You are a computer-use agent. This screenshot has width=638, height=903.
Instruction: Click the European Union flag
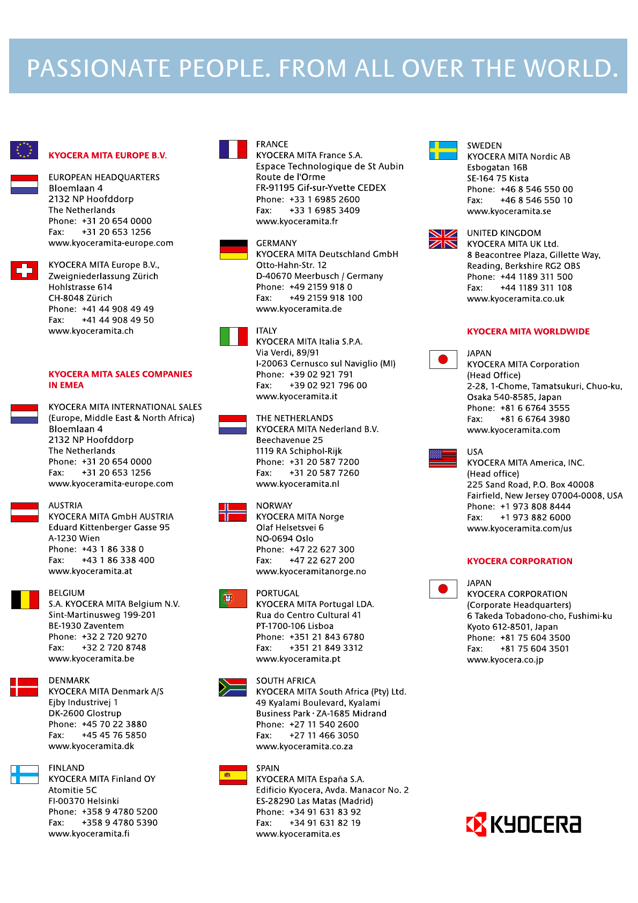24,150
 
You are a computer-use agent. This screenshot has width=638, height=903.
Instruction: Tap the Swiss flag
24,270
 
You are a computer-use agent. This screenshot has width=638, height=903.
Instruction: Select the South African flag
233,687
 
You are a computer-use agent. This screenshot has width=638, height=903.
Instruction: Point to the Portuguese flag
233,599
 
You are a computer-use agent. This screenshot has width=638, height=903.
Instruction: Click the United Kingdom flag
443,239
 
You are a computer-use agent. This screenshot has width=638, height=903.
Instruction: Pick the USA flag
443,458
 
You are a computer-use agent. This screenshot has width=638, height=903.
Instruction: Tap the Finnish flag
25,774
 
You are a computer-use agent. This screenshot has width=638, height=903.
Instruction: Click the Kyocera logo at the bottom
524,824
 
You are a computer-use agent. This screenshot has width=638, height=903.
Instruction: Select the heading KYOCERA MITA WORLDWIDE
528,331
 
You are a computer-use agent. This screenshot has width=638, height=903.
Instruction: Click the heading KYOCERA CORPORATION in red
520,561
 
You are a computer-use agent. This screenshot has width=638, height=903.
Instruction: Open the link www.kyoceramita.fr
297,221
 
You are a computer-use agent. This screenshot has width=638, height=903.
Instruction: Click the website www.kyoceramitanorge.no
311,572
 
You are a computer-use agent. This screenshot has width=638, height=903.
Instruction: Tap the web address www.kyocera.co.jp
505,660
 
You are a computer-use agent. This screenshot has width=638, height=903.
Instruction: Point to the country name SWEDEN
484,146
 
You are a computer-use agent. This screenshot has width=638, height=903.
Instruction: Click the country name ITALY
266,331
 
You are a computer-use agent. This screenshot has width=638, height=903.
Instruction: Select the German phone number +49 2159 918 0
321,287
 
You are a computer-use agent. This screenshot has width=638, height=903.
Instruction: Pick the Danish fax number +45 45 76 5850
114,735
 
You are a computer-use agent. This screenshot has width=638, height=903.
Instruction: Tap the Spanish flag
233,775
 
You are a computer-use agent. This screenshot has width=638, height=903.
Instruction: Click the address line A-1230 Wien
74,538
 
